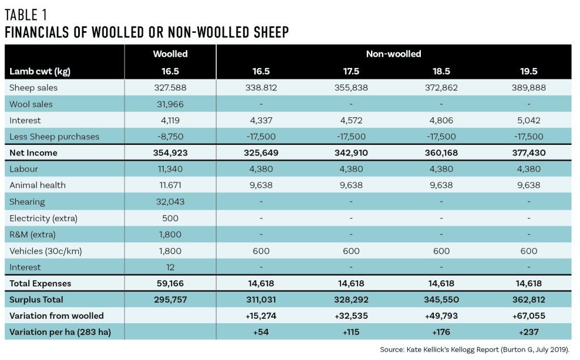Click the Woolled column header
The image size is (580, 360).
tap(170, 54)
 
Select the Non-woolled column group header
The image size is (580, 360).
tap(394, 54)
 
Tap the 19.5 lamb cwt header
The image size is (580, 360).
tap(528, 71)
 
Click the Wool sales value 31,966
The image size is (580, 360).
tap(170, 104)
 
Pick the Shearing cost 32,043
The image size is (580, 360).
tap(170, 202)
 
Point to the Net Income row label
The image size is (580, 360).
tap(33, 153)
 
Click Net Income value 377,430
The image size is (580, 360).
tap(528, 153)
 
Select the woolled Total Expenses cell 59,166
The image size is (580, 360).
tap(170, 283)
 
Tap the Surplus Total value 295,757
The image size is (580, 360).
tap(170, 299)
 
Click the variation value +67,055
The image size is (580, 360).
tap(528, 316)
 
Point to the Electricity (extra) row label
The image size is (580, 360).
tap(44, 218)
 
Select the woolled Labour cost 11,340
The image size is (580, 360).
tap(170, 169)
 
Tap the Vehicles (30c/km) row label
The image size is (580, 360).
tap(46, 251)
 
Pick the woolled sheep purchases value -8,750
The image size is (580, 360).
tap(170, 136)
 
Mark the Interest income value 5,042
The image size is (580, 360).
tap(528, 121)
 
